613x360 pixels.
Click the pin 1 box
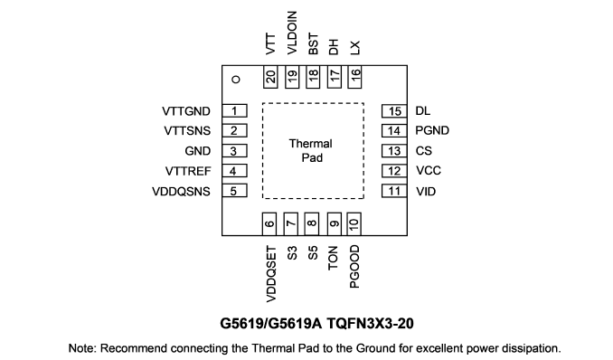tap(234, 110)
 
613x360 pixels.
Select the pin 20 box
tap(270, 77)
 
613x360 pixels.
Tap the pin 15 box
tap(394, 111)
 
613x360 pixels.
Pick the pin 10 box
tap(354, 224)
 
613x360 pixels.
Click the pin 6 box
tap(269, 224)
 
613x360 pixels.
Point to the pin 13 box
tap(394, 151)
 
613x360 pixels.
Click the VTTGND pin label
tap(186, 111)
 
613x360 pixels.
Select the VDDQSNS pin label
tap(181, 192)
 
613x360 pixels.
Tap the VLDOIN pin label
tap(292, 33)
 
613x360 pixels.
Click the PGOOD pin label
tap(354, 267)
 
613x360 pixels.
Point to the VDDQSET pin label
tap(271, 274)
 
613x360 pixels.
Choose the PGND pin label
tap(432, 130)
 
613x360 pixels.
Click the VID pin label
tap(426, 192)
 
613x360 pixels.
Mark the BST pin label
tap(313, 43)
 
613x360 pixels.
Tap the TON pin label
tap(333, 258)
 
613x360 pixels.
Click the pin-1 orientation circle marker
tap(236, 80)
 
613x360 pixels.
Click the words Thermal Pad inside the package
tap(311, 151)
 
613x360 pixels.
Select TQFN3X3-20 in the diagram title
tap(370, 324)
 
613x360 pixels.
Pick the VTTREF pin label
tap(188, 171)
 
